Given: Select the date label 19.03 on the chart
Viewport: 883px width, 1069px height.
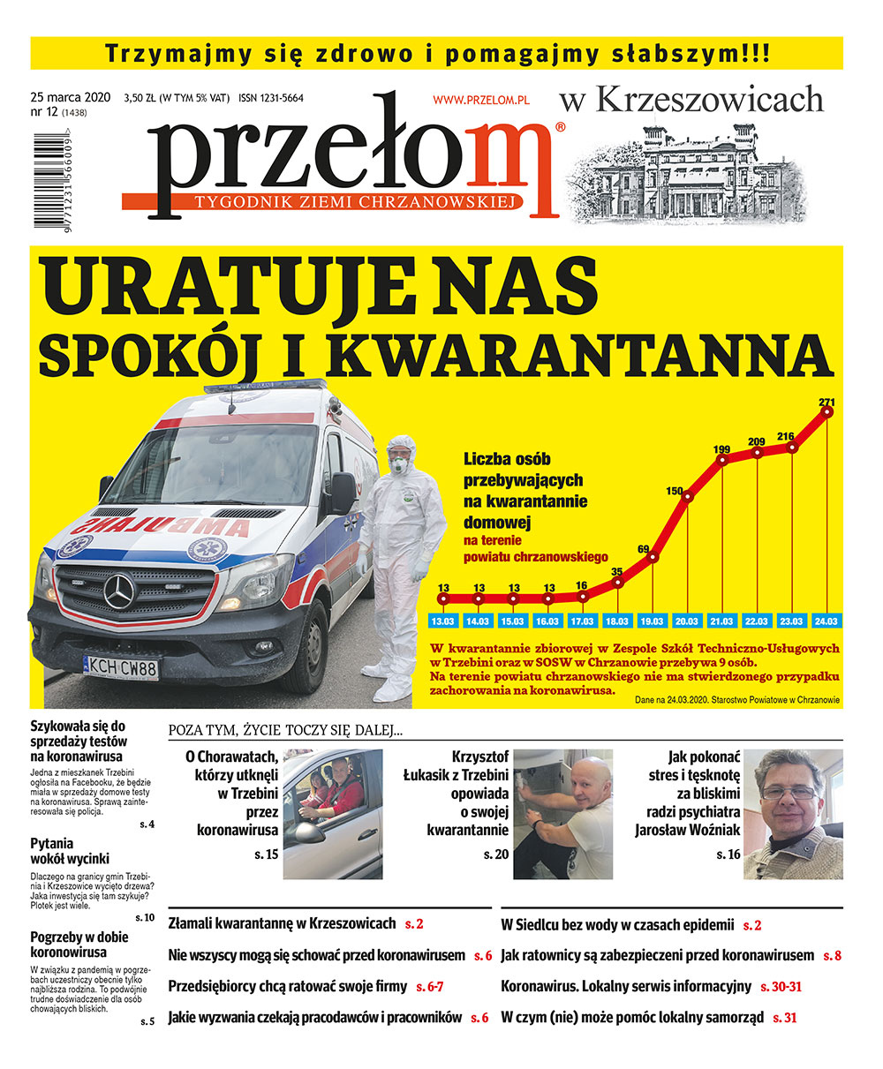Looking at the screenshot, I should (653, 621).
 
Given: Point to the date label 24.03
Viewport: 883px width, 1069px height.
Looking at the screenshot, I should (827, 621).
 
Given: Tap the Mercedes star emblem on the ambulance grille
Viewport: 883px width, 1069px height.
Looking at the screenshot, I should (118, 591).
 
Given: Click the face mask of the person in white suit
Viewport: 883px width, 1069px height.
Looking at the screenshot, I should (399, 463).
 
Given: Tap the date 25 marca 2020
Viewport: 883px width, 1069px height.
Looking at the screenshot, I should (70, 97).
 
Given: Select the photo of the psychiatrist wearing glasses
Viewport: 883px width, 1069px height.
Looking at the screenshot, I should (792, 814).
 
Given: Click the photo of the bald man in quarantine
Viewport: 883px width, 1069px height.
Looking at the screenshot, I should (562, 814).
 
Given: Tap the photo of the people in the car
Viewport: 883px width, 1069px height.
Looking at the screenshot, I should (333, 814).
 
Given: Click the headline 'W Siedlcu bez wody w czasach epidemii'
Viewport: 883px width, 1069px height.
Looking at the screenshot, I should (617, 925).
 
